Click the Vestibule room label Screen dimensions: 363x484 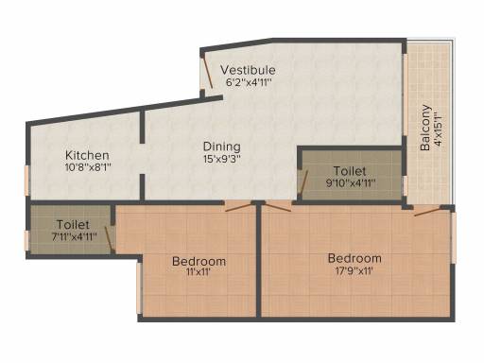coord(248,70)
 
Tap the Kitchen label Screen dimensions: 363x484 coord(87,155)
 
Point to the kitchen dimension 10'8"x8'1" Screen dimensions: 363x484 coord(88,168)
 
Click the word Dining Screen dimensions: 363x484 coord(221,147)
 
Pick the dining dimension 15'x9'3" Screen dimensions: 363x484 coord(222,160)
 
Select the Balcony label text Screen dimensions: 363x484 coord(426,128)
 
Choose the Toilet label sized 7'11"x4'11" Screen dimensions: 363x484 coord(72,225)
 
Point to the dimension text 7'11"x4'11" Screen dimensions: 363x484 coord(73,237)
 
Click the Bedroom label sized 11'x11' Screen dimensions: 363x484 coord(199,261)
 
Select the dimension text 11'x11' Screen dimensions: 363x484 coord(199,273)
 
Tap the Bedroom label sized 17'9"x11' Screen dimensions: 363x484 coord(354,258)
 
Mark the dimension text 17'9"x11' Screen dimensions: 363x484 coord(355,271)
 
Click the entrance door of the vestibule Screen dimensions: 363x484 coord(206,75)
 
